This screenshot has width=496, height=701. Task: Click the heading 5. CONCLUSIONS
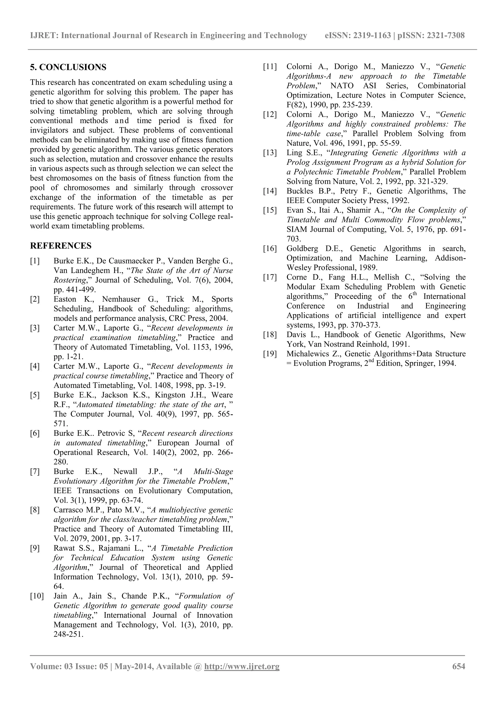[68, 67]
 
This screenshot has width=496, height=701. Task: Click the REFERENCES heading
[61, 246]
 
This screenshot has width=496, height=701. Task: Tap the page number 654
[458, 666]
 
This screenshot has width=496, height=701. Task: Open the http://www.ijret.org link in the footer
[242, 666]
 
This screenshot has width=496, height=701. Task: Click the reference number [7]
[35, 472]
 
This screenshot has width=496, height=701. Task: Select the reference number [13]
[270, 153]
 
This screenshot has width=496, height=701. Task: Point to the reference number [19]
[270, 354]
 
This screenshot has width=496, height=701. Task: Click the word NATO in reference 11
[342, 86]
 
